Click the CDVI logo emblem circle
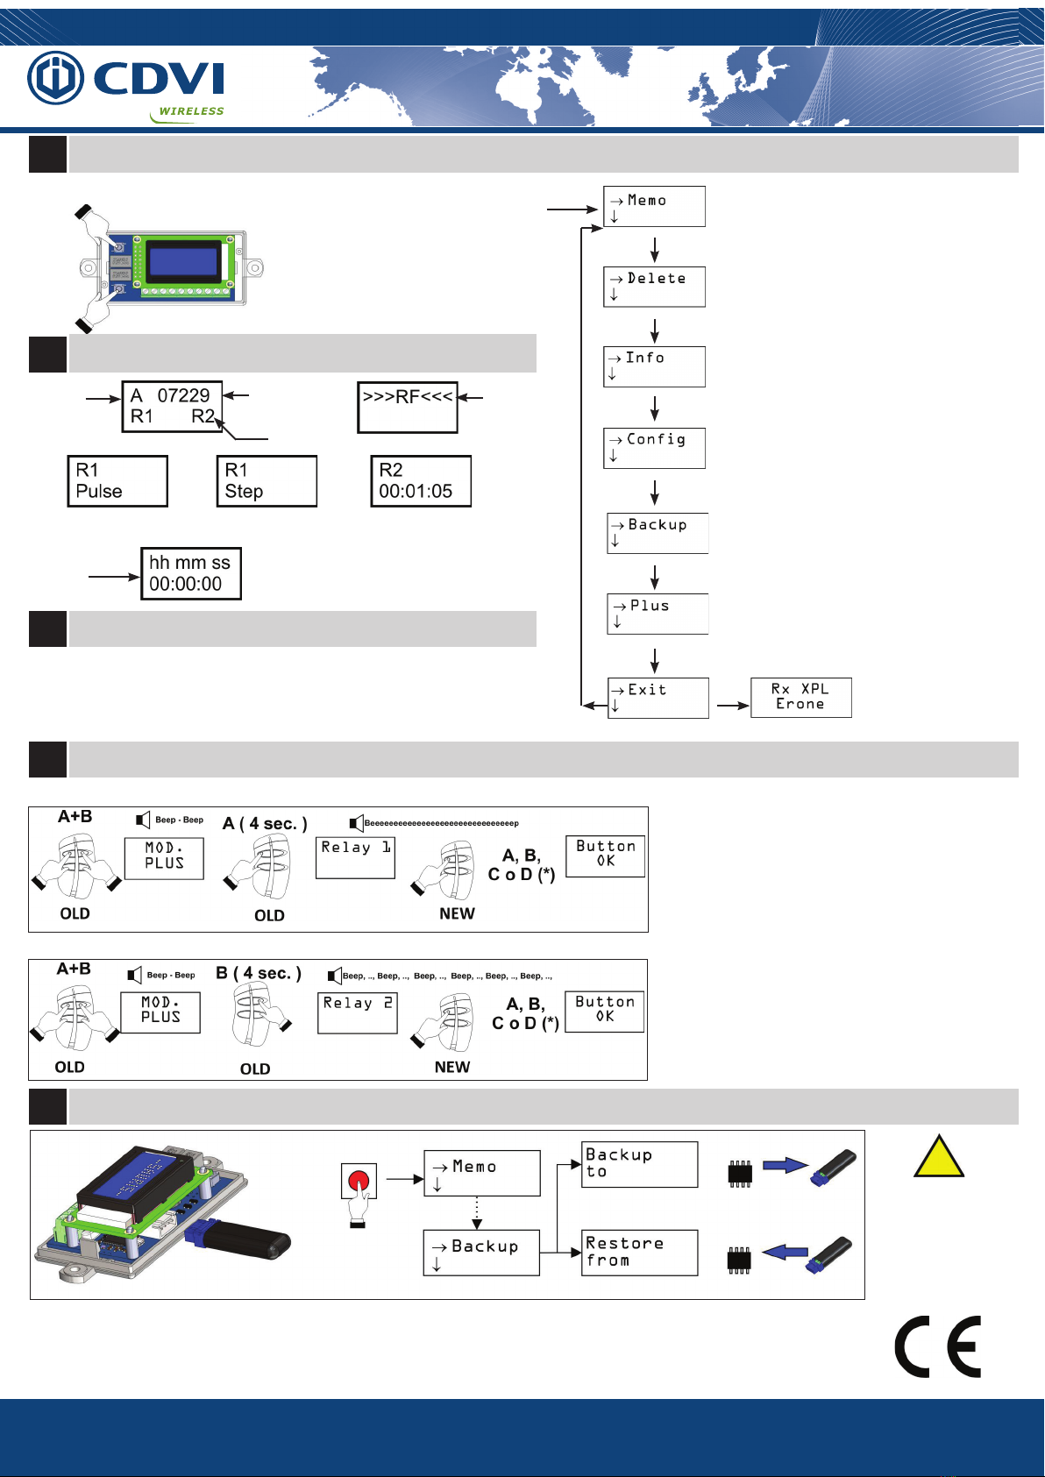[x=55, y=78]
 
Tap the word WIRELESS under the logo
[x=191, y=111]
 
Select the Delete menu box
[x=654, y=287]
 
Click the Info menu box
[x=654, y=366]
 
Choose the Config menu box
[x=654, y=449]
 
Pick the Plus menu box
[x=658, y=614]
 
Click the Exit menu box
[x=658, y=698]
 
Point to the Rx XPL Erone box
[x=801, y=697]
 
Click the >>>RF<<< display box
[x=408, y=408]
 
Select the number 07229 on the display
[x=183, y=395]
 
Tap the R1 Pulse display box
[x=117, y=481]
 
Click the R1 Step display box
[x=267, y=481]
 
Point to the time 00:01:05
[x=416, y=491]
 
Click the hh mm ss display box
[x=191, y=573]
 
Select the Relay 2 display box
[x=358, y=1012]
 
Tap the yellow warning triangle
[x=939, y=1156]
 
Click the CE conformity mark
[x=938, y=1346]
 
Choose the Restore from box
[x=639, y=1252]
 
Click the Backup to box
[x=639, y=1164]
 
